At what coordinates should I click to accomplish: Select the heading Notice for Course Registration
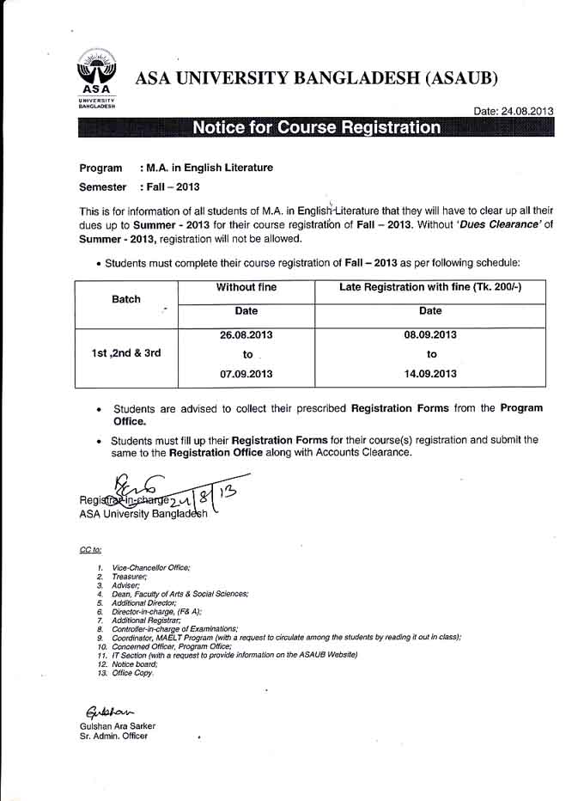click(316, 129)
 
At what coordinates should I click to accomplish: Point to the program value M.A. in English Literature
click(210, 168)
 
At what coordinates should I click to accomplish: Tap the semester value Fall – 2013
click(174, 186)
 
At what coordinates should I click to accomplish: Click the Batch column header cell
click(126, 300)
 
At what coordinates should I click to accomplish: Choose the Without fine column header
click(246, 287)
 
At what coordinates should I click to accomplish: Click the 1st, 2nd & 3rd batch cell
click(126, 353)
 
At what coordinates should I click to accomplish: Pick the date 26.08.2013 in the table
click(246, 335)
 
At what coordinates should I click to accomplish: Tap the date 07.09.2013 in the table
click(246, 373)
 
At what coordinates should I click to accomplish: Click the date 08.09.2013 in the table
click(430, 335)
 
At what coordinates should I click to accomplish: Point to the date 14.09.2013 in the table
click(430, 373)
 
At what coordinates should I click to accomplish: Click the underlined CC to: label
click(90, 549)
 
